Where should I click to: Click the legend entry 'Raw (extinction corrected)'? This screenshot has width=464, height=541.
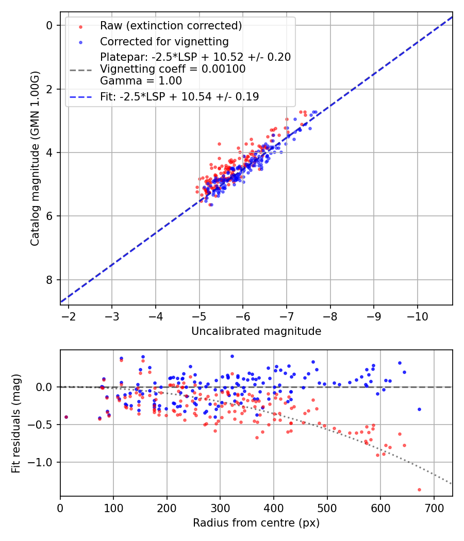[171, 25]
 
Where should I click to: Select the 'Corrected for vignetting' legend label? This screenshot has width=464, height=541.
[164, 41]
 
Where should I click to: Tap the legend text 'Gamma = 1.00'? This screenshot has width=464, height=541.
[141, 80]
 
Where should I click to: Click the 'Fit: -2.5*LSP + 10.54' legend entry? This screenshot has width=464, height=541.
[179, 96]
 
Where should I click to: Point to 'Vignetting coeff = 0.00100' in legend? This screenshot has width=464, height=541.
[173, 69]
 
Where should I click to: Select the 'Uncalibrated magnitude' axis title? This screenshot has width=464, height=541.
[256, 331]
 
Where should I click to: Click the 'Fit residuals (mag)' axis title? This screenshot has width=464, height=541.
[16, 423]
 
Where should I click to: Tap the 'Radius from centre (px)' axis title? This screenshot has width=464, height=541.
[256, 523]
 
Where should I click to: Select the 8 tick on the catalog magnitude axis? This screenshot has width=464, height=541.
[49, 280]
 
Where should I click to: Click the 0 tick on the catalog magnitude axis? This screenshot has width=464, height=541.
[49, 25]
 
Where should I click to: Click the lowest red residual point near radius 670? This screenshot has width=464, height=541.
[419, 489]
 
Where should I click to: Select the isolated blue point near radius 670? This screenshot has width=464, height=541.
[419, 409]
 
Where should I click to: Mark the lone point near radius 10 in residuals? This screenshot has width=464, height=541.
[66, 417]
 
